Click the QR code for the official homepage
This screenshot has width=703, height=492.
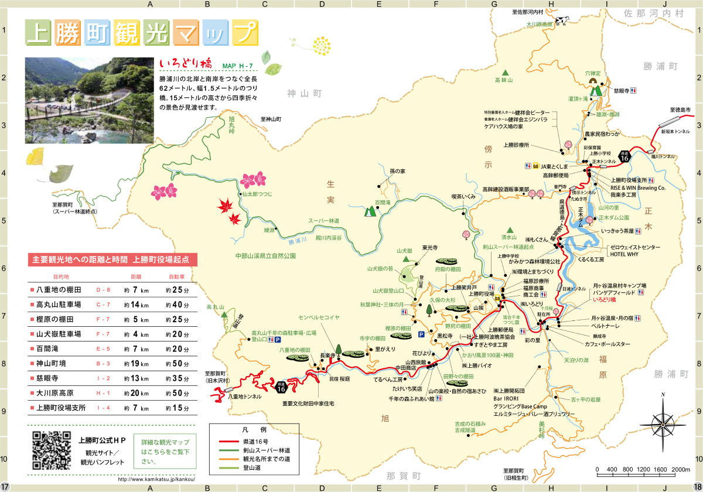(x=51, y=450)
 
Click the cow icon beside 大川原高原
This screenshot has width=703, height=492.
(x=562, y=21)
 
